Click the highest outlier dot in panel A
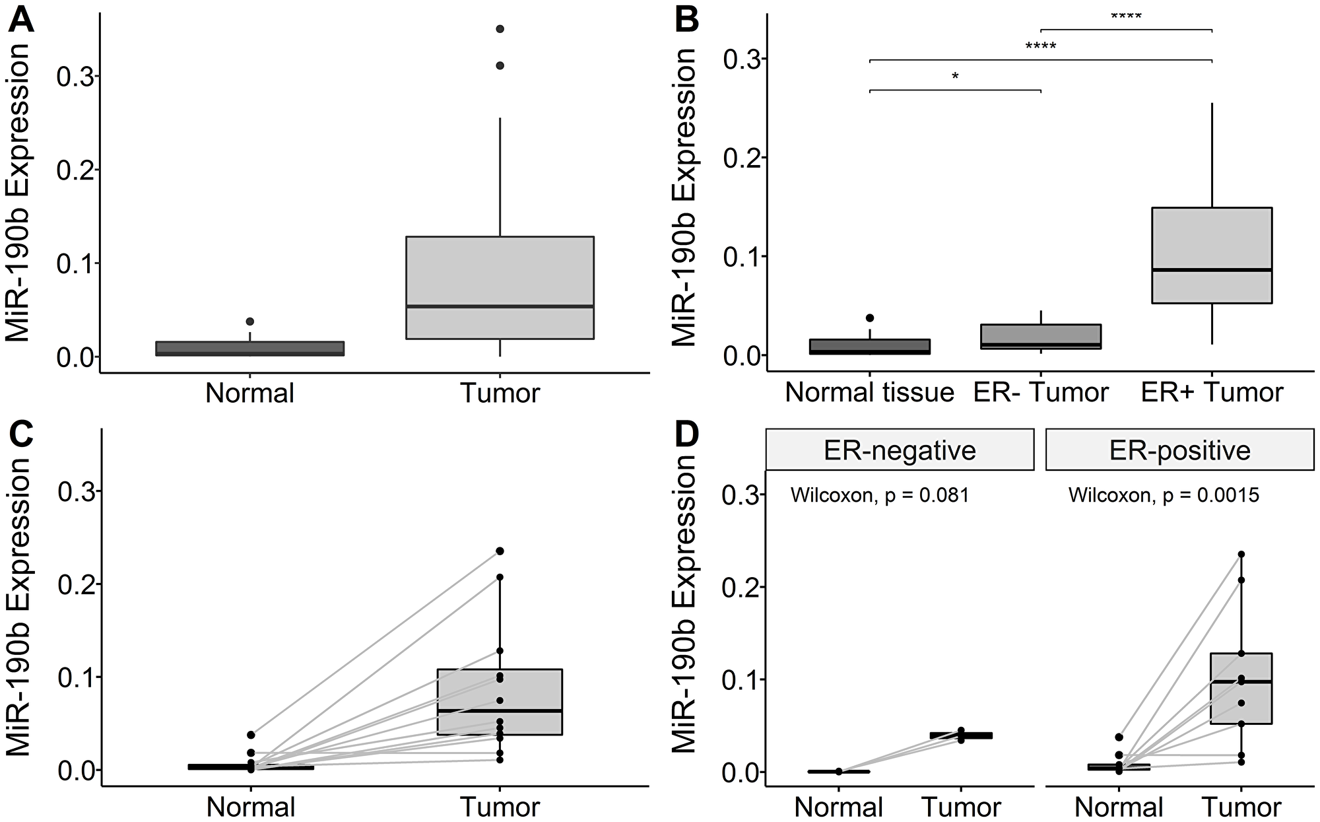[500, 29]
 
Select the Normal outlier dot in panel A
[249, 322]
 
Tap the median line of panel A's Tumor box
[500, 306]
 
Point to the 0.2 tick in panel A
[73, 170]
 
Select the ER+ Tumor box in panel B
[1212, 255]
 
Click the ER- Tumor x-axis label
[1040, 393]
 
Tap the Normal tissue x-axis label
[870, 393]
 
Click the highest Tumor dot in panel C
[500, 551]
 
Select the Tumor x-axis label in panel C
[500, 807]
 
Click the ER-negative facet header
[900, 450]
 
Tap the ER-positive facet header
[1179, 450]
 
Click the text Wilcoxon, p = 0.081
[880, 495]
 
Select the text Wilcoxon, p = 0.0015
[1164, 495]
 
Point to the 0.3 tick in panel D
[739, 495]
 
